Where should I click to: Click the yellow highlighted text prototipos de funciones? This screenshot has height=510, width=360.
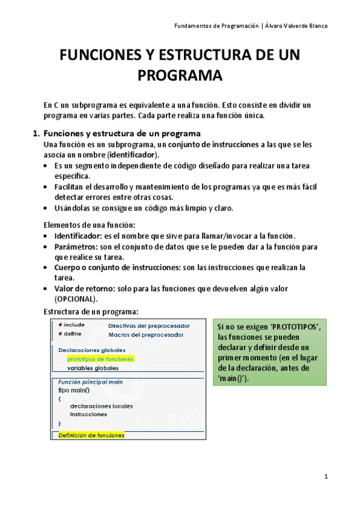[100, 358]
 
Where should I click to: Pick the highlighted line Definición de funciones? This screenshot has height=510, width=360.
[91, 435]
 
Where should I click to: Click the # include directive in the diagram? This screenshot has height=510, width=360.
[72, 325]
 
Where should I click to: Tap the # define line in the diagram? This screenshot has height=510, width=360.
[70, 334]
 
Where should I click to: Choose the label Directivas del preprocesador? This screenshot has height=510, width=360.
[149, 325]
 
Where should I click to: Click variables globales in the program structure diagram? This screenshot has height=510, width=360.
[93, 367]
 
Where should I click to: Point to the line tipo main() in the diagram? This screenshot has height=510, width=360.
[74, 390]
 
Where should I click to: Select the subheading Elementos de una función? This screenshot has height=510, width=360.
[90, 224]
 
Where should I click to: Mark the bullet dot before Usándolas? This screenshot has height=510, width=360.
[47, 209]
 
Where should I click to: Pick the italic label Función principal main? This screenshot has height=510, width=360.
[90, 381]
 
